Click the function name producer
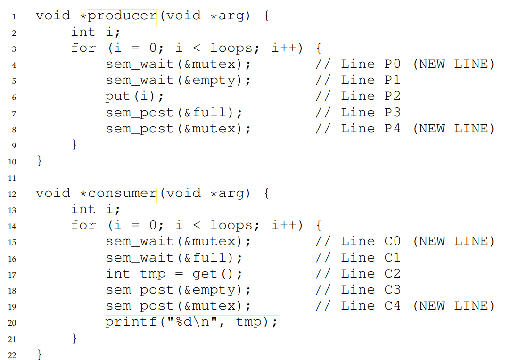coord(122,16)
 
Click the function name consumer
coord(122,193)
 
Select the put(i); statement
coord(135,97)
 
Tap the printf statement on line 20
coord(191,322)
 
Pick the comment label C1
coord(392,258)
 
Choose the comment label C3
coord(392,290)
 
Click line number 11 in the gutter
coord(12,178)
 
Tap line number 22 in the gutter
coord(12,355)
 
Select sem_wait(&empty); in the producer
coord(178,81)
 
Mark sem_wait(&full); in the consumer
coord(174,258)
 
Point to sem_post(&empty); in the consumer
coord(178,290)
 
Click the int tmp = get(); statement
coord(174,274)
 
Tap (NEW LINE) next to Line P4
coord(453,129)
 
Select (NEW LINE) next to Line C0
coord(453,242)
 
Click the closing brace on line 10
coord(40,162)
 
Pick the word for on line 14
coord(83,226)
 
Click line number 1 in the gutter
coord(14,17)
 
